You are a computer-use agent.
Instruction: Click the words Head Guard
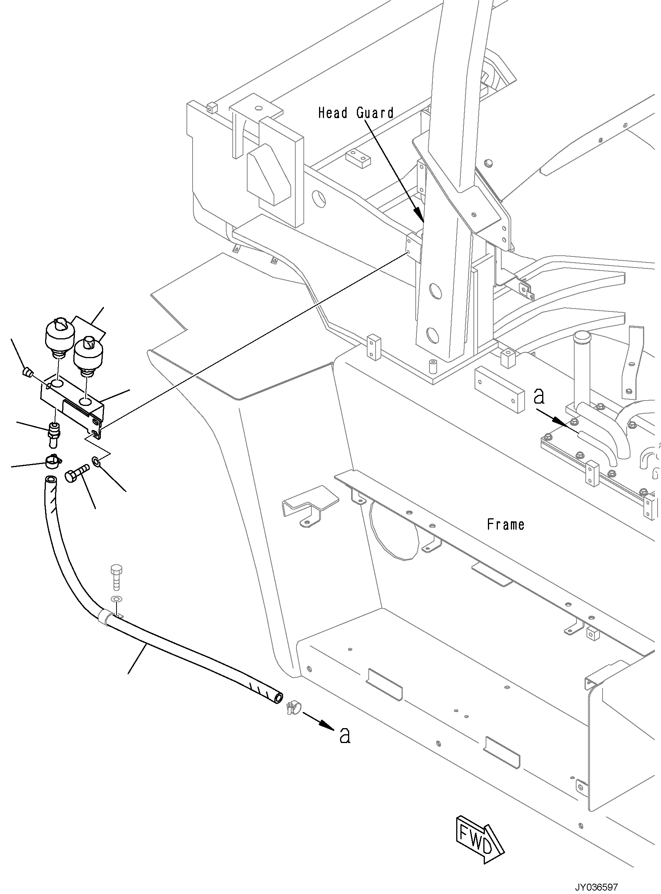pos(356,113)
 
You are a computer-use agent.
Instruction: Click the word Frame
pos(505,524)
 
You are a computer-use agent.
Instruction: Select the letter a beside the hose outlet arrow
pos(345,735)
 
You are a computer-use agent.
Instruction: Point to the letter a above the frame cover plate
pos(539,397)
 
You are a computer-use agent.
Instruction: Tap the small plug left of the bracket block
pos(27,373)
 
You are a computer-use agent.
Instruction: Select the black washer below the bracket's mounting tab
pos(96,463)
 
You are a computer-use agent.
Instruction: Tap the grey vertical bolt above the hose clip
pos(116,578)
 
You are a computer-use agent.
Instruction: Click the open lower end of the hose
pos(277,698)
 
